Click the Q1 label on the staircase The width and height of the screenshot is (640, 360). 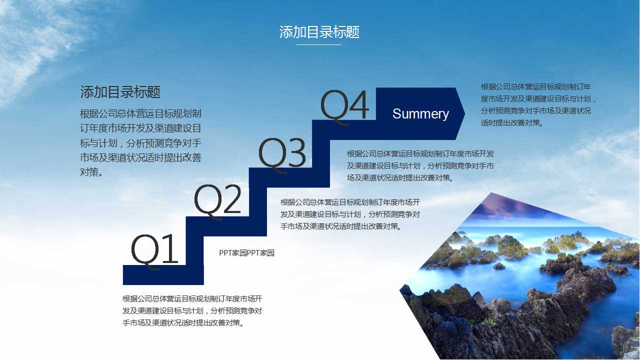[x=154, y=250]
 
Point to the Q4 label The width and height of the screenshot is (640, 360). [x=344, y=106]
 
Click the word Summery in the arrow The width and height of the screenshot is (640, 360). [x=420, y=114]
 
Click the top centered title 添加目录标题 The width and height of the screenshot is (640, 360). [x=319, y=32]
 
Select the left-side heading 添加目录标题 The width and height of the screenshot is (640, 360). [x=120, y=92]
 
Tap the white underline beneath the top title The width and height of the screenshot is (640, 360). [x=318, y=45]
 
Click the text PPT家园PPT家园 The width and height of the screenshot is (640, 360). [x=246, y=253]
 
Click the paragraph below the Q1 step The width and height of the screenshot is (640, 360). [x=192, y=311]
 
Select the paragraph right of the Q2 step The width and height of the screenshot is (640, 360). [x=350, y=214]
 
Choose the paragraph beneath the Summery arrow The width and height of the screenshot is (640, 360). [x=420, y=165]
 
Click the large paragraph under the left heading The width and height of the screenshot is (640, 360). [x=140, y=143]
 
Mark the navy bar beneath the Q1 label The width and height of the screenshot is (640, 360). [x=163, y=275]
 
